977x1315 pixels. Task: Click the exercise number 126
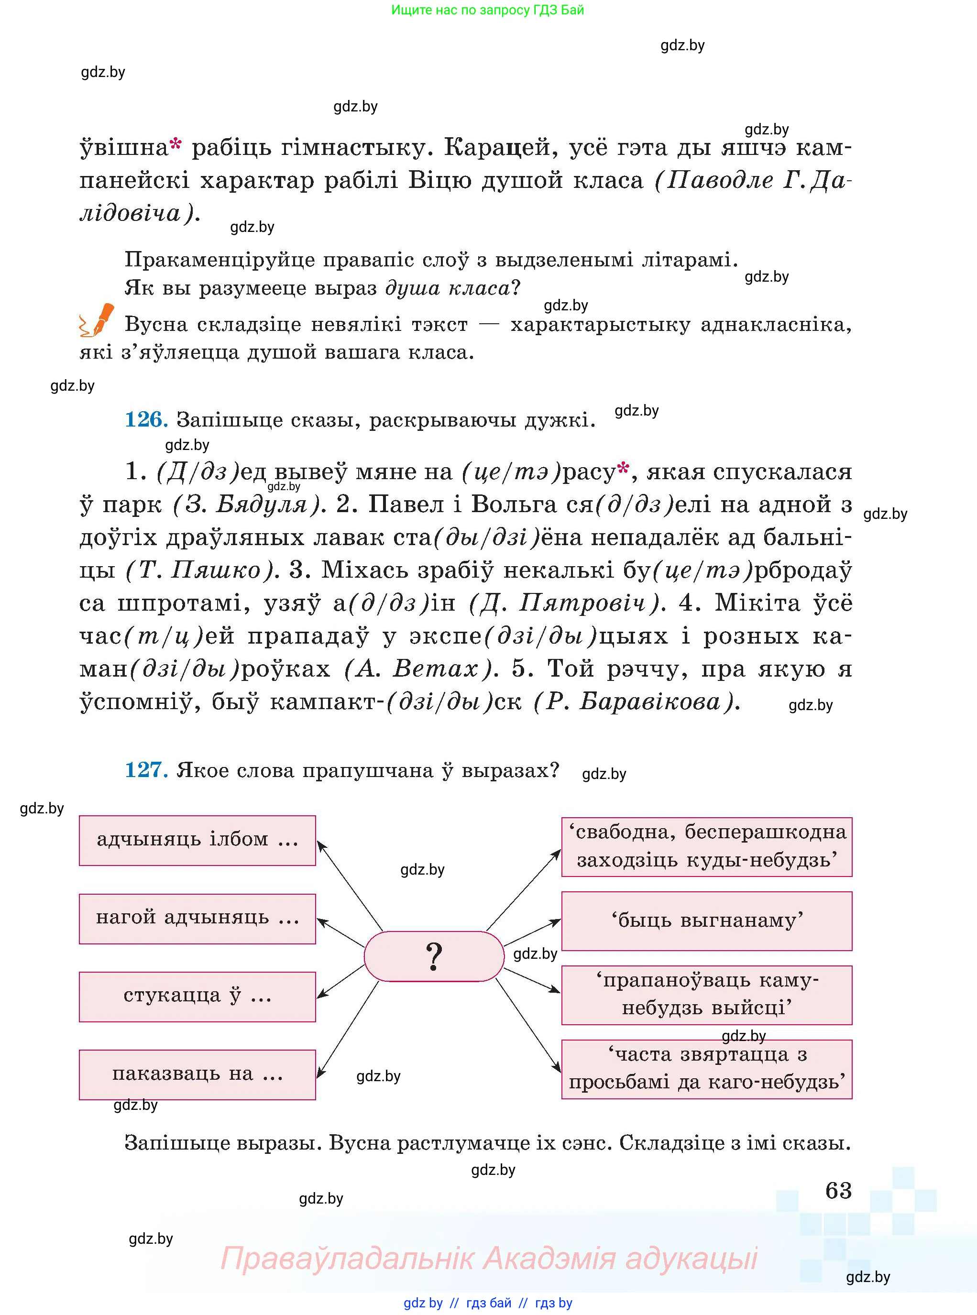point(145,420)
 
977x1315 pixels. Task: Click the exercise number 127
point(145,770)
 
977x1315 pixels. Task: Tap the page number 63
point(838,1190)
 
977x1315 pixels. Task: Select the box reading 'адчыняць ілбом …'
point(197,840)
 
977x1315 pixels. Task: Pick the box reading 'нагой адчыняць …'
point(197,918)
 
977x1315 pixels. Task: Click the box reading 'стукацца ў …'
point(197,997)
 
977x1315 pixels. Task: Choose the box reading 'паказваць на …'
point(197,1074)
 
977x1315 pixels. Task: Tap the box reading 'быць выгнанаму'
point(706,920)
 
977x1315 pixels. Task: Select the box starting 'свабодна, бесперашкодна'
point(706,846)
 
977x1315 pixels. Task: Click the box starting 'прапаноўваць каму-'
point(706,995)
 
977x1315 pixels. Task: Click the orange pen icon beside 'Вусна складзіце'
point(97,320)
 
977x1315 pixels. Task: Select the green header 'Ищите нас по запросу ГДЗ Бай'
point(487,10)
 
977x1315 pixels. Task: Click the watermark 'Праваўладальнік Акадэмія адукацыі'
point(489,1258)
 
